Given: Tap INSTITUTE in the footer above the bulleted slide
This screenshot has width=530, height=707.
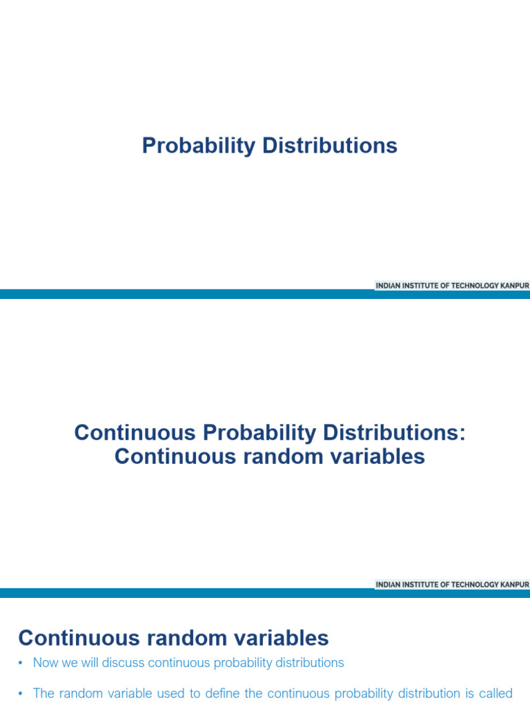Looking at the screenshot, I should [x=421, y=585].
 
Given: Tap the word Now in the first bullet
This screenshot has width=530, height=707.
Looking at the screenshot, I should [x=46, y=663].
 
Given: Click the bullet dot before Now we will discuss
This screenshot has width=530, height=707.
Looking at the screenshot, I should [x=21, y=664].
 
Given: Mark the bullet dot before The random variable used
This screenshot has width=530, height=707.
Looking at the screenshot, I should [x=21, y=694].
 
